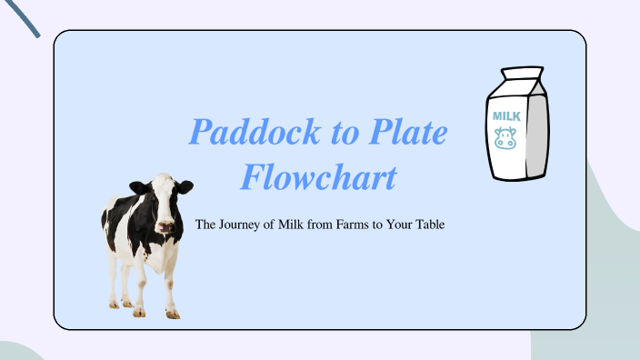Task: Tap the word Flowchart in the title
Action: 318,176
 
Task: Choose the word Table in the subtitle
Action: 426,224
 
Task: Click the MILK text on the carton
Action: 505,116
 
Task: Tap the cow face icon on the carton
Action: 505,139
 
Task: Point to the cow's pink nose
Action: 165,225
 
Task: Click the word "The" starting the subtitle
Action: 206,224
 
